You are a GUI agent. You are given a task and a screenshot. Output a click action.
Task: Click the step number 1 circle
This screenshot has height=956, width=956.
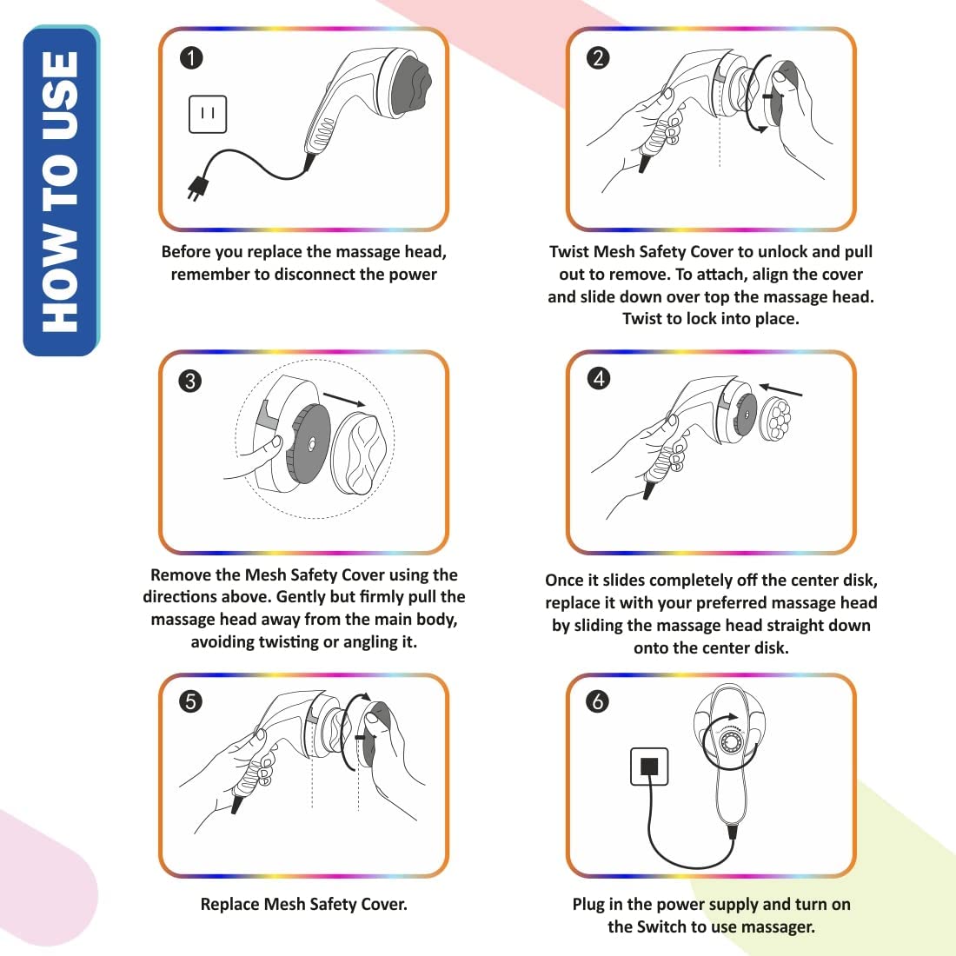(191, 58)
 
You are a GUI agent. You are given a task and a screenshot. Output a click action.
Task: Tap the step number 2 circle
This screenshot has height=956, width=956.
(598, 58)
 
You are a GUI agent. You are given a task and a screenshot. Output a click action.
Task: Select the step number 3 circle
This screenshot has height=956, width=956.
(189, 381)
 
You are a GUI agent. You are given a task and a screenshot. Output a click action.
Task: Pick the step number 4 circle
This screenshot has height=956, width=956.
(599, 378)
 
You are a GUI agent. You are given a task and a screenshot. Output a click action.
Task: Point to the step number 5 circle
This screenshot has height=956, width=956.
(190, 700)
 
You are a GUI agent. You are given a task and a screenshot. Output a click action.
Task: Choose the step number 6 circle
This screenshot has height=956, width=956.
(598, 700)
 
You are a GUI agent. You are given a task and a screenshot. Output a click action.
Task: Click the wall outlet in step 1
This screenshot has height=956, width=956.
(208, 114)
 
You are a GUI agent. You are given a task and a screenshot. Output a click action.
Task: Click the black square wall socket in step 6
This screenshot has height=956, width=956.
(649, 767)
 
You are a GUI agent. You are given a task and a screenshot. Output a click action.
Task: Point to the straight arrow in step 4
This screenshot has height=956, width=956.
(780, 390)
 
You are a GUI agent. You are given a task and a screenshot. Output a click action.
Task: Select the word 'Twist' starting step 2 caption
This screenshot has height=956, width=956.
(569, 252)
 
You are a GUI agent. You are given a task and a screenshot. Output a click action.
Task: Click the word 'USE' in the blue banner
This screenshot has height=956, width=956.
(61, 96)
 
